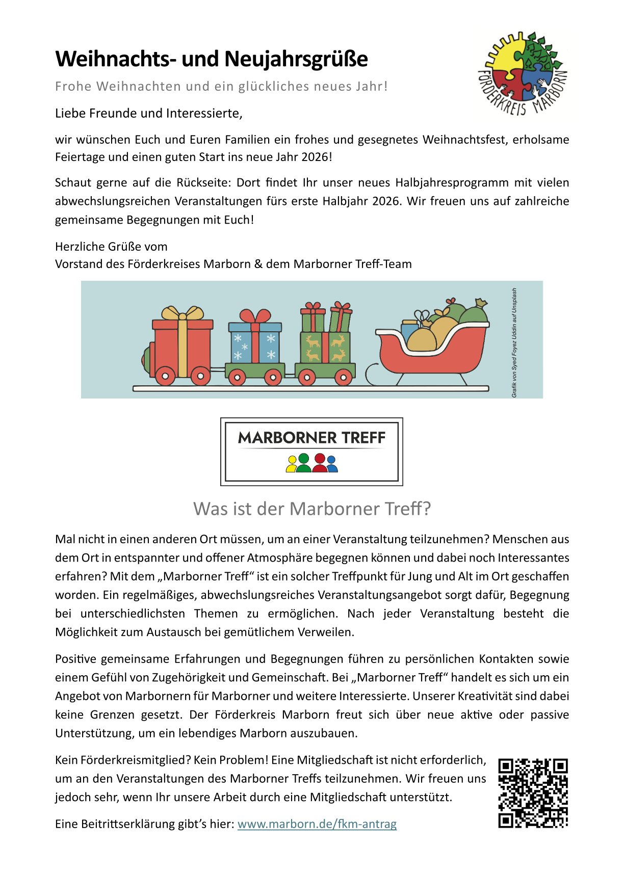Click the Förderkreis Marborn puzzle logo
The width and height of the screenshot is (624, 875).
(x=523, y=73)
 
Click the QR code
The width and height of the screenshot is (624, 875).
(x=533, y=793)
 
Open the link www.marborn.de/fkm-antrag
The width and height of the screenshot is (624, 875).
(x=317, y=824)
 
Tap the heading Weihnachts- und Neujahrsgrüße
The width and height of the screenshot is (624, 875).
(x=211, y=59)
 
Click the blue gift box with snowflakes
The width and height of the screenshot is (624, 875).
(x=255, y=342)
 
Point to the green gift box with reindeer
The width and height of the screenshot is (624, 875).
(x=325, y=348)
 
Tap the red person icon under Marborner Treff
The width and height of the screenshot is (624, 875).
(x=320, y=463)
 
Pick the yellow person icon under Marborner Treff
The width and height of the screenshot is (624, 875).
(x=292, y=465)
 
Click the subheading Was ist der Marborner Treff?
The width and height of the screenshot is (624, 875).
(x=312, y=509)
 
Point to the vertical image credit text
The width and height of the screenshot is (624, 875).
(x=514, y=342)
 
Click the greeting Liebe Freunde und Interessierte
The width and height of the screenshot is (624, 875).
(x=148, y=113)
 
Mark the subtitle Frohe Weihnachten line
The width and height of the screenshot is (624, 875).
(x=221, y=86)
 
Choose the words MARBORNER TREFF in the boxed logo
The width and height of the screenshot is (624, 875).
(x=311, y=438)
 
